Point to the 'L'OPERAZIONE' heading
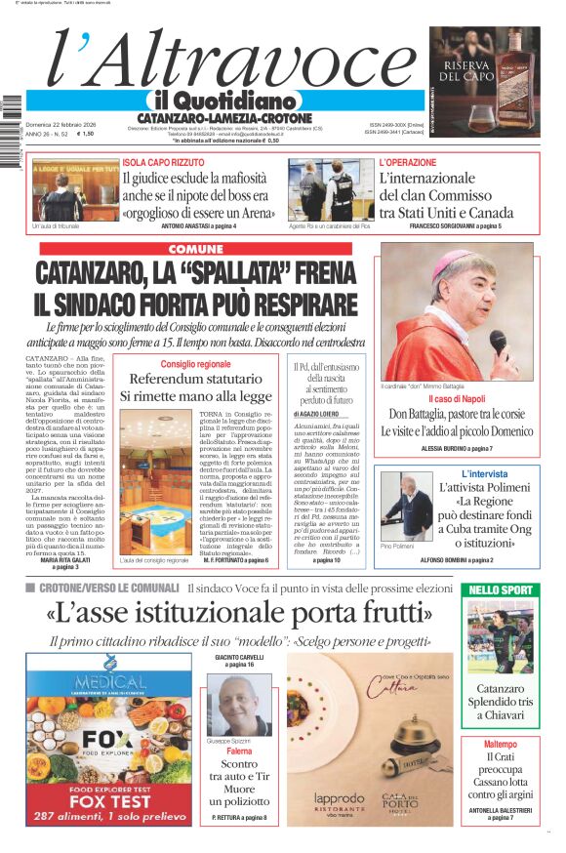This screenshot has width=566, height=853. click(408, 161)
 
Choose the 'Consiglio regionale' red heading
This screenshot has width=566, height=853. click(195, 364)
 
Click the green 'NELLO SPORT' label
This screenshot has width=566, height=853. click(502, 589)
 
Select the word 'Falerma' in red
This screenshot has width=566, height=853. click(238, 751)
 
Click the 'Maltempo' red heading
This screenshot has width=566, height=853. click(501, 744)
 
